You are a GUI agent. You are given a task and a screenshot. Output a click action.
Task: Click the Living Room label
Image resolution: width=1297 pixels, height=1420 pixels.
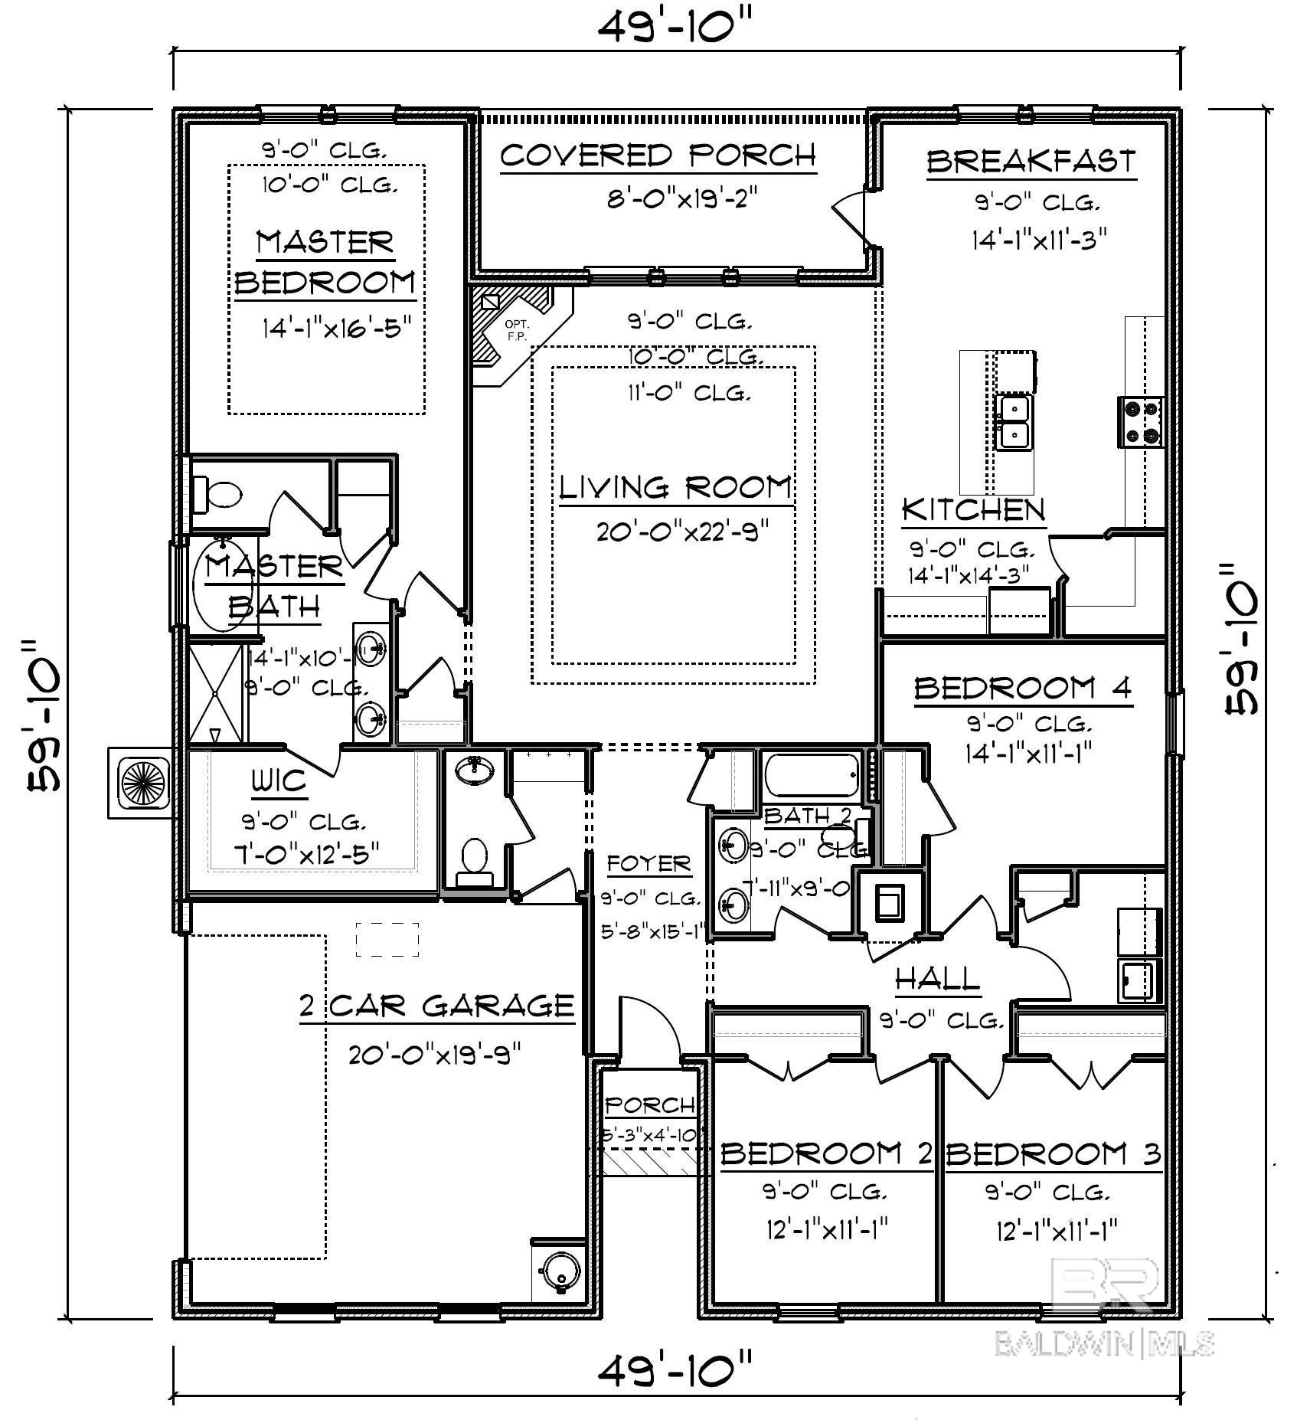675,487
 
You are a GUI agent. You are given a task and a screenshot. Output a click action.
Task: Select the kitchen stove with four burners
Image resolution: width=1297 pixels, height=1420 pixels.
1141,421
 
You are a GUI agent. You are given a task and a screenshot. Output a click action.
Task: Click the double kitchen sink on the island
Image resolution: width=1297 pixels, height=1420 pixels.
1014,421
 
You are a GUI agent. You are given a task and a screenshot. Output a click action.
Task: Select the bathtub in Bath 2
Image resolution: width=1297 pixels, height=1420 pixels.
811,777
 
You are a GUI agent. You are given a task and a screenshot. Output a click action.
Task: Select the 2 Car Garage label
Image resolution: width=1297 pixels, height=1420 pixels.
436,1004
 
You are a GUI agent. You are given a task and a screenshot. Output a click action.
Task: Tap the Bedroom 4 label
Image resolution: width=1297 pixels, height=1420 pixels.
1023,688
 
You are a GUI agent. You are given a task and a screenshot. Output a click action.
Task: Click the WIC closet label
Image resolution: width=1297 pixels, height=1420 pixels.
279,782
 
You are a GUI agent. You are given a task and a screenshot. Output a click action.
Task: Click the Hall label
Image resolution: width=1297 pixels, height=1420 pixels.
937,978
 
